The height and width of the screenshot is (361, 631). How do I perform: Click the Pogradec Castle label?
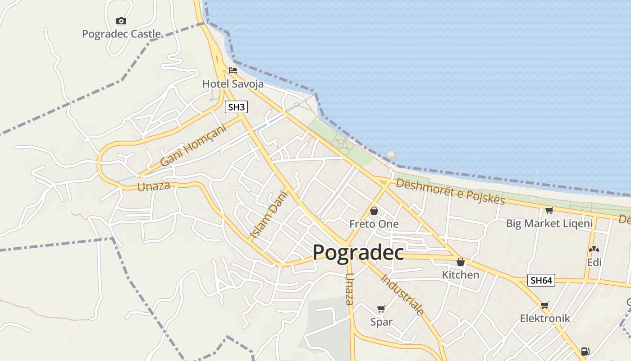coord(121,34)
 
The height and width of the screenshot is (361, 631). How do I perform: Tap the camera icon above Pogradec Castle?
coord(121,21)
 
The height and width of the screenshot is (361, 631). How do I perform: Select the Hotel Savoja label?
coord(233,83)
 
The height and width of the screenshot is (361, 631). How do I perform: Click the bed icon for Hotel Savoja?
coord(233,70)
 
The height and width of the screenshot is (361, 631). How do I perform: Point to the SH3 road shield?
coord(237,107)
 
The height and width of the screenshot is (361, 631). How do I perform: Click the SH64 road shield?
coord(541,280)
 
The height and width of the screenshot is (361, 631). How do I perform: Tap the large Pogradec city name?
coord(358,252)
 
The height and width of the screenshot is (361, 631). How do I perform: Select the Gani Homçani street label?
coord(193,144)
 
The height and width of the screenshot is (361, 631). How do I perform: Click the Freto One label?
coord(374,224)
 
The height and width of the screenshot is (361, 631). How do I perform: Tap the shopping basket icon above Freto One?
coord(374,211)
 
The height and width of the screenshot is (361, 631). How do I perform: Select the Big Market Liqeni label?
coord(549,223)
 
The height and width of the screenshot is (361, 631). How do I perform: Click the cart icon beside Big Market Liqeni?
coord(549,210)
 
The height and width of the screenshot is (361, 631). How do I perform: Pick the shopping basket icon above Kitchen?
coord(460,262)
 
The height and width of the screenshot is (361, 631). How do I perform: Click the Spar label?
coord(381,322)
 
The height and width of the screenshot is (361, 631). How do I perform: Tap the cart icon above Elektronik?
coord(545,305)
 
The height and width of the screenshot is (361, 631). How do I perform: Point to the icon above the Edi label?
coord(594,249)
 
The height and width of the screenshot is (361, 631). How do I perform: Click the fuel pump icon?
coord(585,351)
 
